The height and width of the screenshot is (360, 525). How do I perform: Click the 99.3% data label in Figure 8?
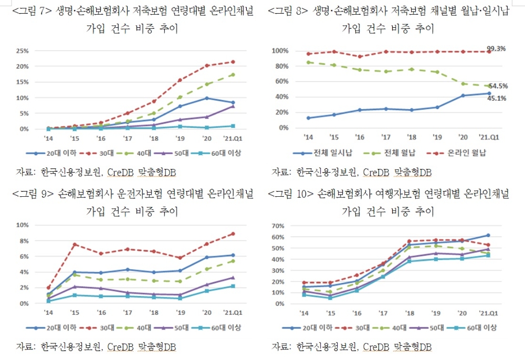[496, 49]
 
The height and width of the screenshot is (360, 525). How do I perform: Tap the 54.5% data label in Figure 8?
[498, 86]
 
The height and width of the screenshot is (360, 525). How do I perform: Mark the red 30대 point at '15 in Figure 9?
[75, 244]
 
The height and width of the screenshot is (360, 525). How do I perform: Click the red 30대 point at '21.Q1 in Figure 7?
[233, 62]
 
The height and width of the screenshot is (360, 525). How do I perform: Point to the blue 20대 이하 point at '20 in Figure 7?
[206, 98]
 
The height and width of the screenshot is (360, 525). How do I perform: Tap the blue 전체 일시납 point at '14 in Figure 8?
[309, 118]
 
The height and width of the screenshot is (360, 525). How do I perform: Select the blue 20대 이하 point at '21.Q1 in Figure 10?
[488, 235]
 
